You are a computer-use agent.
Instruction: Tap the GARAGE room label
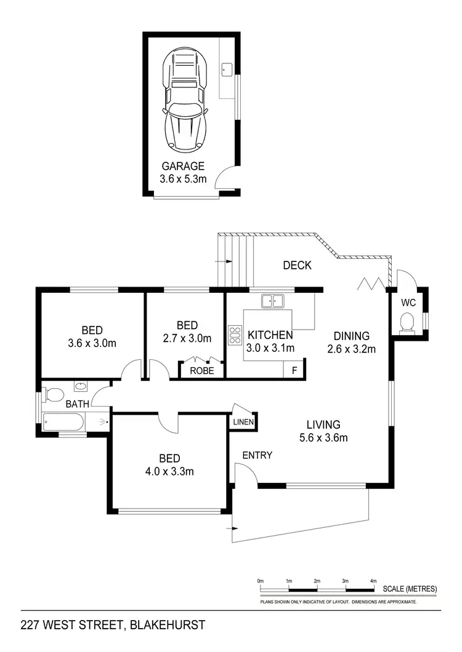[x=183, y=166]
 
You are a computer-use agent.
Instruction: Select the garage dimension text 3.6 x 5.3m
[x=183, y=180]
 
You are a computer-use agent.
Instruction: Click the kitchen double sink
[x=272, y=301]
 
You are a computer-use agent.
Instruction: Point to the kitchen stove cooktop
[x=235, y=335]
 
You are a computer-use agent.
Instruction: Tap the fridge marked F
[x=293, y=370]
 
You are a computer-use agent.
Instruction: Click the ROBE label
[x=201, y=371]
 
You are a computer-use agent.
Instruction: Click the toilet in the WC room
[x=407, y=322]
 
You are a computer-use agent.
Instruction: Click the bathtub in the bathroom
[x=64, y=422]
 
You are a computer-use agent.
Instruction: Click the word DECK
[x=297, y=266]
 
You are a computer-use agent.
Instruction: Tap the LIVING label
[x=323, y=424]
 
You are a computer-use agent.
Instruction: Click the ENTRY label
[x=257, y=455]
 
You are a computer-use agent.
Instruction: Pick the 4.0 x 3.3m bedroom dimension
[x=169, y=472]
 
